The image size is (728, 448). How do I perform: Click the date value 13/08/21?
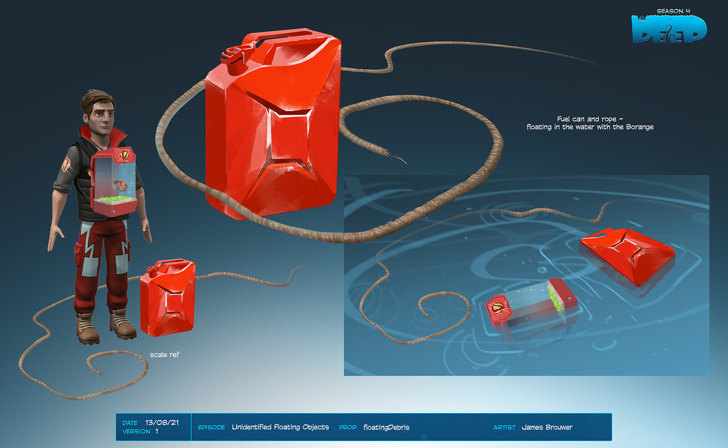tap(162, 423)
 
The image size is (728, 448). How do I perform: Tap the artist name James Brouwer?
tap(547, 427)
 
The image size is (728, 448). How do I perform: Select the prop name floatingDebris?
tap(386, 427)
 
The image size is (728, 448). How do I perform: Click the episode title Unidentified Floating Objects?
tap(280, 427)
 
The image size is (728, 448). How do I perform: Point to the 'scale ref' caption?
tap(164, 355)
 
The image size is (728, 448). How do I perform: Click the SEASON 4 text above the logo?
tap(673, 11)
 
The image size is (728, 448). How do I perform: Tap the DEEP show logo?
tap(669, 29)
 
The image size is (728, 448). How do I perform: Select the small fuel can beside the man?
tap(168, 297)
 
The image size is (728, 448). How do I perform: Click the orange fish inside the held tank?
tap(120, 186)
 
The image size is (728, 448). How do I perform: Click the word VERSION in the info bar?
tap(136, 432)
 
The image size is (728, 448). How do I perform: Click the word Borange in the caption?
tap(640, 127)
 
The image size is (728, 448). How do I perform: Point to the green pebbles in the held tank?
tap(116, 198)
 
